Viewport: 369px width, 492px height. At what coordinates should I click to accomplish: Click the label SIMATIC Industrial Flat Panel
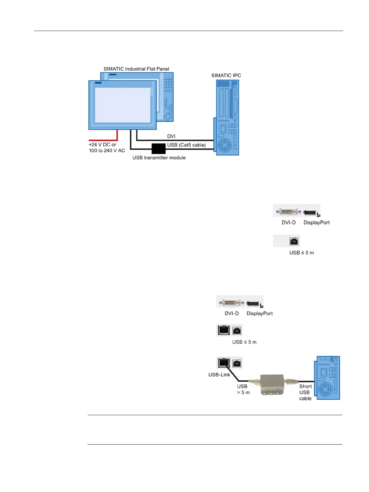(136, 69)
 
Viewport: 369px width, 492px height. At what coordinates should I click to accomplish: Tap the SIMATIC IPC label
(226, 75)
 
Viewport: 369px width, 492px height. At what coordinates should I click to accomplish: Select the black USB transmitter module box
(158, 148)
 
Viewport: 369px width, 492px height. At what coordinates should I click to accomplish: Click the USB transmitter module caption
(159, 157)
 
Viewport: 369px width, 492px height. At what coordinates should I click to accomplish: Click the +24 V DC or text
(103, 144)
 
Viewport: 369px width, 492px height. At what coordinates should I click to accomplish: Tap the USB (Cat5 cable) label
(187, 145)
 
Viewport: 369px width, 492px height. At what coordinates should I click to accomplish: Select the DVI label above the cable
(171, 136)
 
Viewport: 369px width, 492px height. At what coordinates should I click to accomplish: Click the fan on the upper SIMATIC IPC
(225, 145)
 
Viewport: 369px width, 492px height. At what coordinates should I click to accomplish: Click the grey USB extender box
(272, 384)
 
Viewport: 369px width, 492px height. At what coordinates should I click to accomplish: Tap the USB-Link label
(219, 375)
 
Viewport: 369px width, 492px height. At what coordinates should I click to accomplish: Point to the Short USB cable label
(305, 392)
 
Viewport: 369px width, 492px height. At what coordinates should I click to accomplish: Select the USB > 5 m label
(243, 389)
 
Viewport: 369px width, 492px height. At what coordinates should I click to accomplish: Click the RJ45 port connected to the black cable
(223, 362)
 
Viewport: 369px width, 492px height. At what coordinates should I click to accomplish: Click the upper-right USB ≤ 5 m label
(301, 253)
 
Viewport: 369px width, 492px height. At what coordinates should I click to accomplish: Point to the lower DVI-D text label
(232, 313)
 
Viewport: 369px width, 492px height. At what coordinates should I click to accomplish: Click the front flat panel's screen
(123, 105)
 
